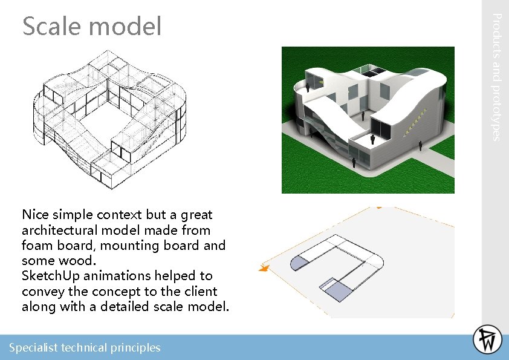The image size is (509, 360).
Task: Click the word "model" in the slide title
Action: (125, 27)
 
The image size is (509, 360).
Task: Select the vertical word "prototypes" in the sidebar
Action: (494, 112)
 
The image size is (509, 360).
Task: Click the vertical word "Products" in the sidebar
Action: (494, 38)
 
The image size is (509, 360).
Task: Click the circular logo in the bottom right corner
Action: (487, 339)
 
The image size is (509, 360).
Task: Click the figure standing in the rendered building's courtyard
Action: (363, 116)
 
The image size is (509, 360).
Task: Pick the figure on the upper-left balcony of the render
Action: (308, 87)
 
